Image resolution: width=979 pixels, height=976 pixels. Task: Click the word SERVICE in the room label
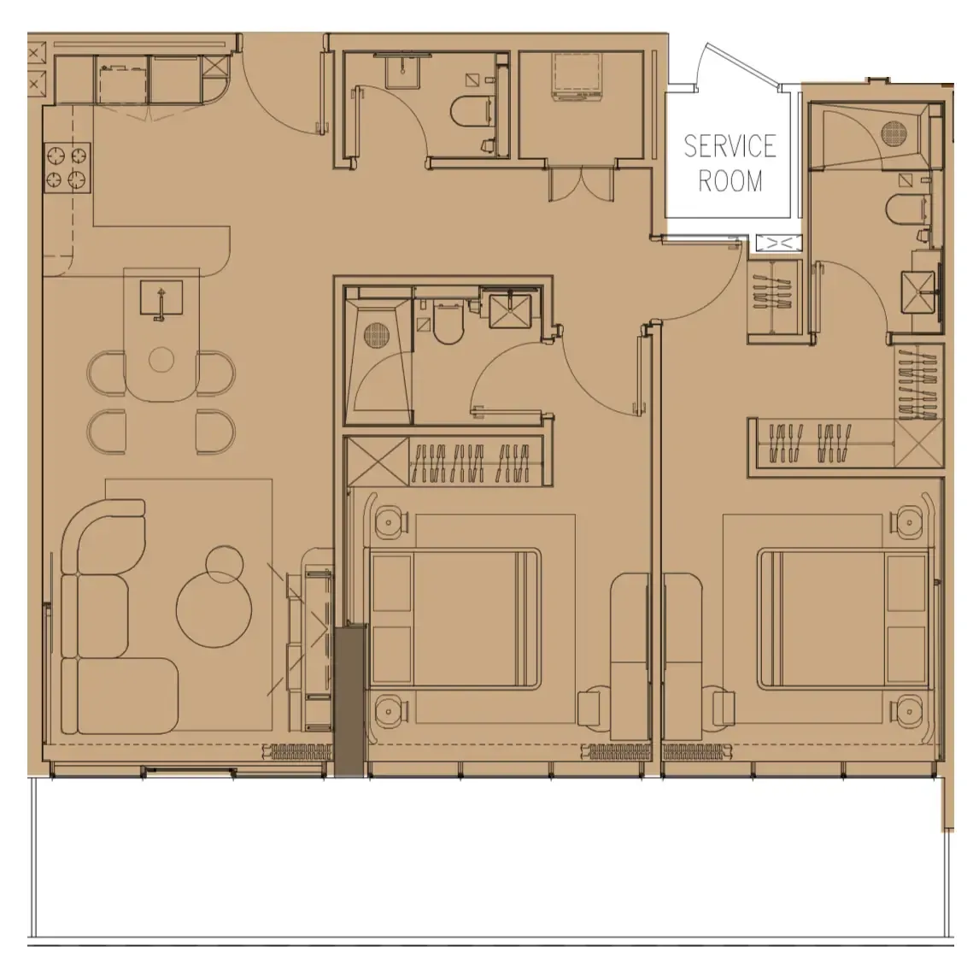[729, 146]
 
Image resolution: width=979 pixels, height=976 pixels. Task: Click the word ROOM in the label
[730, 181]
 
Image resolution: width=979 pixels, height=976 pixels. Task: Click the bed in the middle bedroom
[454, 618]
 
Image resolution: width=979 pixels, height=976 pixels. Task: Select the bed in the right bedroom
[842, 618]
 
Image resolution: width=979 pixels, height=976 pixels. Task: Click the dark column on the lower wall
[349, 700]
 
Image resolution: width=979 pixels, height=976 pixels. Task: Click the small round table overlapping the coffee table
[225, 563]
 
